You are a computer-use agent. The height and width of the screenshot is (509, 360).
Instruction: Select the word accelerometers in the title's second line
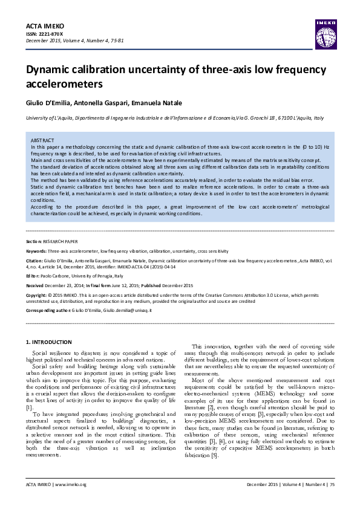(x=61, y=83)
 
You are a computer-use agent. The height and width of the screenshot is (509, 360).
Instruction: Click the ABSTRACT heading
(x=42, y=140)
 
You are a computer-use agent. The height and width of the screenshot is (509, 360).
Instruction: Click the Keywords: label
(x=37, y=250)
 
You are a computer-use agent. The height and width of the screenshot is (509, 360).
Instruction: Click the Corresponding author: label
(x=48, y=310)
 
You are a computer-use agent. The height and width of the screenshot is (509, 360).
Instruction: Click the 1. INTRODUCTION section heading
(x=51, y=342)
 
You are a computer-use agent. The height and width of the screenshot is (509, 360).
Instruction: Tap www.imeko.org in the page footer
(x=71, y=485)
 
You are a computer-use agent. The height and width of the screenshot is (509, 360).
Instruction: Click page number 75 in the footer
(x=332, y=485)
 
